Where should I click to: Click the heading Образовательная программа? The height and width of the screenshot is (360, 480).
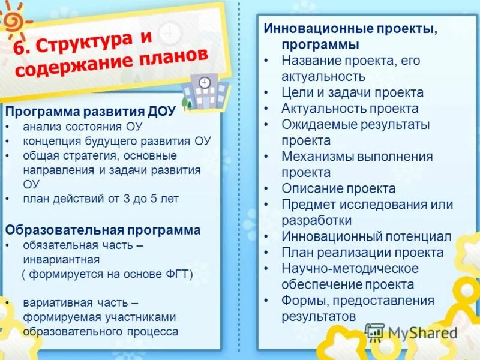103,230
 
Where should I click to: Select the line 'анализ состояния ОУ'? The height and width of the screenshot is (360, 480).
74,127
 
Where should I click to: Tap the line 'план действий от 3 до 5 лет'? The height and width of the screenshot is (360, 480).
101,199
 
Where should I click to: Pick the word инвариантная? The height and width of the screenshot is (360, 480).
61,260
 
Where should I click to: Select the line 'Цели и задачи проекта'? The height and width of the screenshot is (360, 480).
352,92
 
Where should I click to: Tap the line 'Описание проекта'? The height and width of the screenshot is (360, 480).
338,188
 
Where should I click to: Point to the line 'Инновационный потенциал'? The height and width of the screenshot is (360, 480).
366,236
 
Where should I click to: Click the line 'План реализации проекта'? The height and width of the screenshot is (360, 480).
362,253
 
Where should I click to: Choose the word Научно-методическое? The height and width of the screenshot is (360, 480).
350,268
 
